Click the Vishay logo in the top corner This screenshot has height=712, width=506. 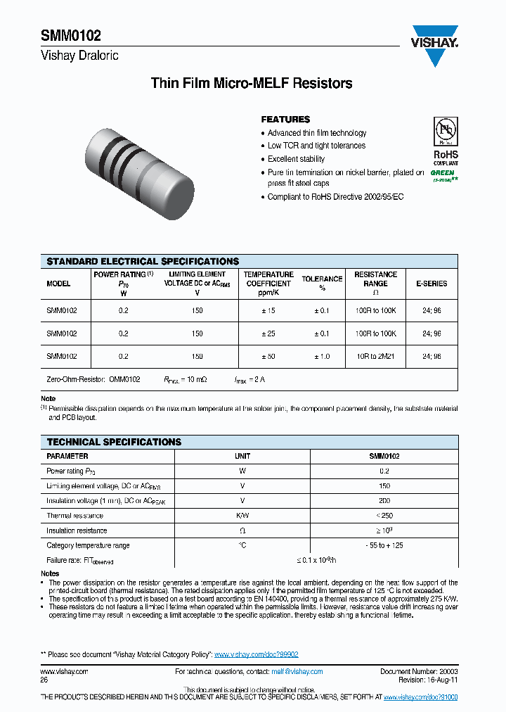click(x=434, y=46)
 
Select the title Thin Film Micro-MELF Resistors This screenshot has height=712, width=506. click(x=252, y=84)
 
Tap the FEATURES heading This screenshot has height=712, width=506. click(x=285, y=120)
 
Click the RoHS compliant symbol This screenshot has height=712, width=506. click(x=445, y=141)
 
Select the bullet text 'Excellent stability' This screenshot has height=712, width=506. click(x=296, y=159)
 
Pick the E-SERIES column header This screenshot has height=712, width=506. click(x=432, y=284)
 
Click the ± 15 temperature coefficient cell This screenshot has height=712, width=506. click(x=268, y=310)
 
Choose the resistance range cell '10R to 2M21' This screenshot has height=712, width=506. click(x=375, y=357)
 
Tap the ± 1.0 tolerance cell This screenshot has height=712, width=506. click(x=320, y=357)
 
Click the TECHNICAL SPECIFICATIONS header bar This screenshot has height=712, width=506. click(x=114, y=443)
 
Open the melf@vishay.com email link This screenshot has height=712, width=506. click(x=297, y=672)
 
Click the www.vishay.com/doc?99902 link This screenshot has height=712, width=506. click(x=257, y=654)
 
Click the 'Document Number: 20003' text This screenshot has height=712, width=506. click(x=419, y=672)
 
